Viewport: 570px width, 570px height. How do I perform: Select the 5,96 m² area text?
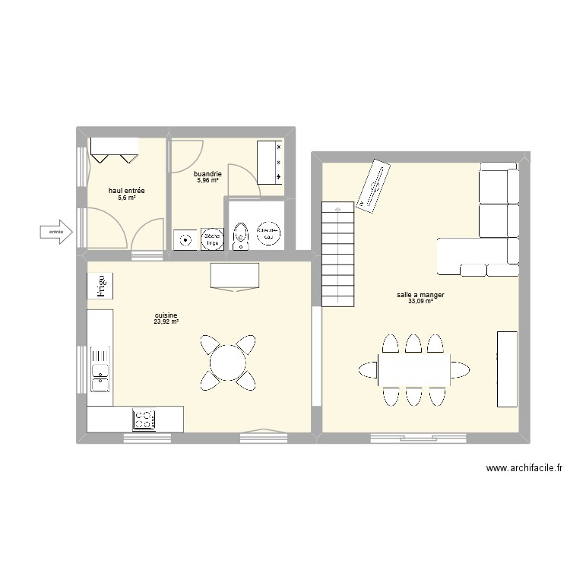pyautogui.click(x=208, y=181)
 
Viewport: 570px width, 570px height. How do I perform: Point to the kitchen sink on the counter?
pyautogui.click(x=100, y=372)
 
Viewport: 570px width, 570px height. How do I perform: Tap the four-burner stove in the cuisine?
pyautogui.click(x=144, y=419)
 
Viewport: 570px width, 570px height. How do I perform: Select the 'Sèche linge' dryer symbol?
pyautogui.click(x=211, y=239)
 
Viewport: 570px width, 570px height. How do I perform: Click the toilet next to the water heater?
pyautogui.click(x=241, y=236)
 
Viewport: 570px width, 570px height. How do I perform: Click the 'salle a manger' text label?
pyautogui.click(x=420, y=294)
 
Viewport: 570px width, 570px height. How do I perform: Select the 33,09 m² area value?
pyautogui.click(x=420, y=302)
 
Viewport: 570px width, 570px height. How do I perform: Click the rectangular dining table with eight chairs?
pyautogui.click(x=413, y=370)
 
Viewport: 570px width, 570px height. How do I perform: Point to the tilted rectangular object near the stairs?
pyautogui.click(x=373, y=185)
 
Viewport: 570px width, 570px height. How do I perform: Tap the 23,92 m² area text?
pyautogui.click(x=166, y=321)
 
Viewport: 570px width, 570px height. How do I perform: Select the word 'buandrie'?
pyautogui.click(x=208, y=174)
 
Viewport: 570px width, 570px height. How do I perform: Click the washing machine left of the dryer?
pyautogui.click(x=185, y=239)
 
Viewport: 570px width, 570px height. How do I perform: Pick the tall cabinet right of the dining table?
pyautogui.click(x=507, y=369)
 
